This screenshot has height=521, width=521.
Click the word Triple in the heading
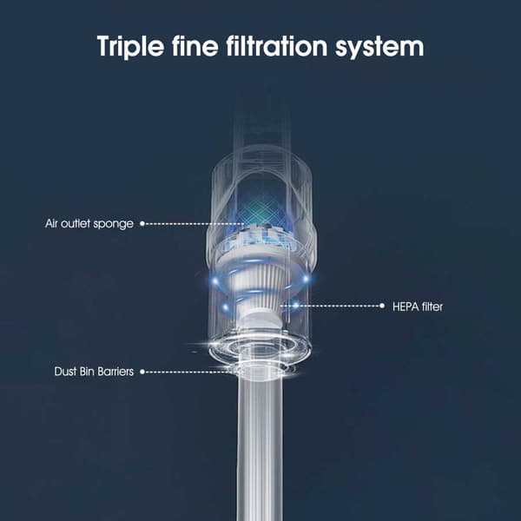pyautogui.click(x=130, y=47)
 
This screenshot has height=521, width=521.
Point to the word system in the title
pyautogui.click(x=379, y=48)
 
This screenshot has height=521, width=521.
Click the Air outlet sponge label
pyautogui.click(x=89, y=224)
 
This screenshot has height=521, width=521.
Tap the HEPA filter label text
pyautogui.click(x=418, y=307)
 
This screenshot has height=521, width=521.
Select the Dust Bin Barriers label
pyautogui.click(x=94, y=371)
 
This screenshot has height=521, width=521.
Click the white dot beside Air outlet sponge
pyautogui.click(x=142, y=224)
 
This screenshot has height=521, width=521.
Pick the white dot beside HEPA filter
pyautogui.click(x=382, y=306)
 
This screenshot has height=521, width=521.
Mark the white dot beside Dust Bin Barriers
pyautogui.click(x=142, y=372)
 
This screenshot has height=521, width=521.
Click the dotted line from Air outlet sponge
pyautogui.click(x=195, y=224)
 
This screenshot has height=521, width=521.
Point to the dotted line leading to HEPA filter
pyautogui.click(x=331, y=306)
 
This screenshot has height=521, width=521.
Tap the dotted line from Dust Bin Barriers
pyautogui.click(x=189, y=372)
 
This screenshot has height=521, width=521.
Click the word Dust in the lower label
pyautogui.click(x=65, y=371)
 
